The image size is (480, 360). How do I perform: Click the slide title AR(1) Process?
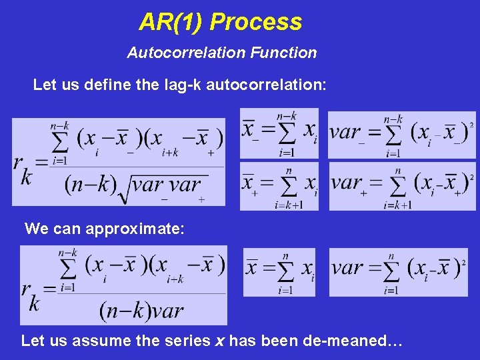coord(221,22)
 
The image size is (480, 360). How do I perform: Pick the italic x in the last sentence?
coord(219,341)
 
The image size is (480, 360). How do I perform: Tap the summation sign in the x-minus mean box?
coord(287,133)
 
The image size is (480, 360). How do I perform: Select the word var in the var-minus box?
coord(345,131)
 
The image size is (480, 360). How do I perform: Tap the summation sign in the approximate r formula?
coord(67,269)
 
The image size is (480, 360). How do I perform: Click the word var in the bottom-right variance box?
coord(347,268)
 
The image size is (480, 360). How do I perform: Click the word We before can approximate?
coord(36,229)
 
